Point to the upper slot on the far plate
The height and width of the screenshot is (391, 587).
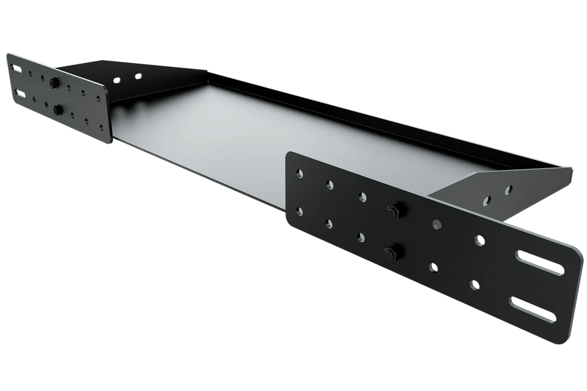18,70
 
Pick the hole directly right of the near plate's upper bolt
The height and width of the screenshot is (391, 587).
437,223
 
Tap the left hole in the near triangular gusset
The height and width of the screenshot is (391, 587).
487,200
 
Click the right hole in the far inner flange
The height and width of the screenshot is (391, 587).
138,76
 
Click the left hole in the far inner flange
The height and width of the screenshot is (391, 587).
118,81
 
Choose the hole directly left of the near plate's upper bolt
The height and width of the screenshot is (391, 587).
362,197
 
